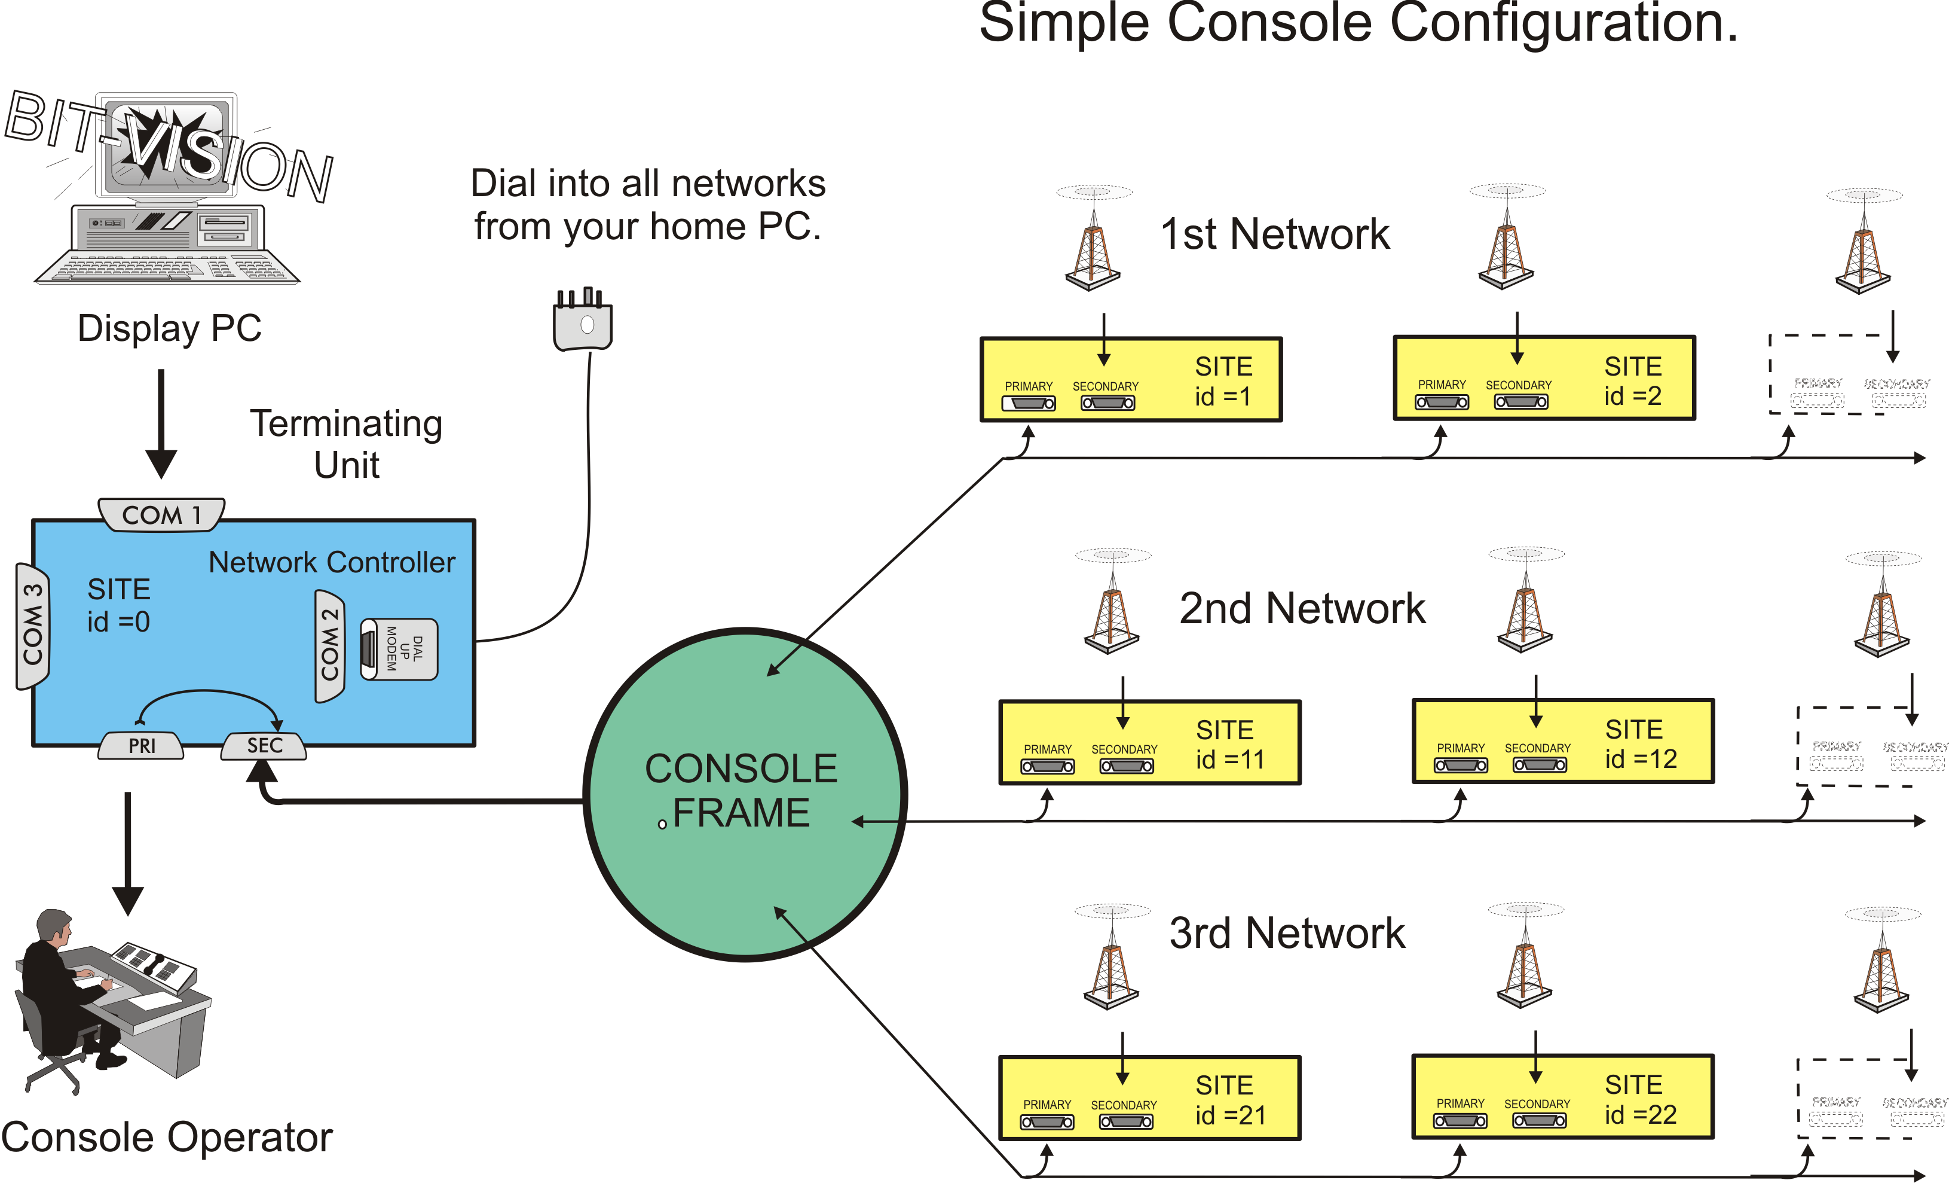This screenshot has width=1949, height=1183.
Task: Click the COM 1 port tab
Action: coord(161,515)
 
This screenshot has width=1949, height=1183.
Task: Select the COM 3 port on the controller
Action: coord(32,625)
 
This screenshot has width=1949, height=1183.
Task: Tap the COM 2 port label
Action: coord(329,645)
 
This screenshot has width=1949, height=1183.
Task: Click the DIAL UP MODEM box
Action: coord(399,649)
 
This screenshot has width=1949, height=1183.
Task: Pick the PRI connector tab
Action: coord(142,745)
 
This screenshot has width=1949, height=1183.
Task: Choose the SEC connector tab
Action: coord(264,745)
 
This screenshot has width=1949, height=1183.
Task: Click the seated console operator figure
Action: coord(63,989)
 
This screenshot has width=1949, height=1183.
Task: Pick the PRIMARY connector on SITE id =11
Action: coord(1047,766)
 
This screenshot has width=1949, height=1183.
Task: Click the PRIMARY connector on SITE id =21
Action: coord(1047,1122)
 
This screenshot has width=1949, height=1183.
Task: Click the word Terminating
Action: coord(345,423)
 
